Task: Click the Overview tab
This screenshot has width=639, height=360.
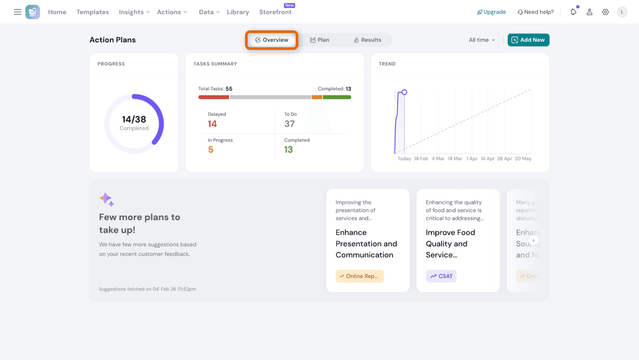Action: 272,40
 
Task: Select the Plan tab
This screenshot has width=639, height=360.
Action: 319,40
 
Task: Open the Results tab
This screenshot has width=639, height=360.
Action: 367,40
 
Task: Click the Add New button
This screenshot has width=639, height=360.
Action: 528,40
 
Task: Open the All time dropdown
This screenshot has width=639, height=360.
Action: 482,40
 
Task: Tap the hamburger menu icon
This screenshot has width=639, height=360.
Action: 18,12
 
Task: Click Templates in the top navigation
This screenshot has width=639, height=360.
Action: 93,12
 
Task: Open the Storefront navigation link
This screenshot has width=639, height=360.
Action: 275,12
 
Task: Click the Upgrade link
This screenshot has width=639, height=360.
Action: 491,12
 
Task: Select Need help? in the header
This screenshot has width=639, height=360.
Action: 536,12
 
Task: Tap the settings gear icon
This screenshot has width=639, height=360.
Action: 605,12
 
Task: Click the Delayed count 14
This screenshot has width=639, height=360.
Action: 212,124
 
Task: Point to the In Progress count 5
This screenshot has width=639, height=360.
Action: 210,150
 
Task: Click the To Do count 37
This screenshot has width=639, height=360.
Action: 290,124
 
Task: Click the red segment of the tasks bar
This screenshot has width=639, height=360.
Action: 214,97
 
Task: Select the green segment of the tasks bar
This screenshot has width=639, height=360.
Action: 337,97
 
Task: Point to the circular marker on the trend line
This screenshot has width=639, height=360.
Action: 404,92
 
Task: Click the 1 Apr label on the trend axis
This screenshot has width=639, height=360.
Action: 472,159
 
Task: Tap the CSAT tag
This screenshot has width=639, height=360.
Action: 441,276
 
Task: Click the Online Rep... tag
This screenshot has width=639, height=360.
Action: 359,276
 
